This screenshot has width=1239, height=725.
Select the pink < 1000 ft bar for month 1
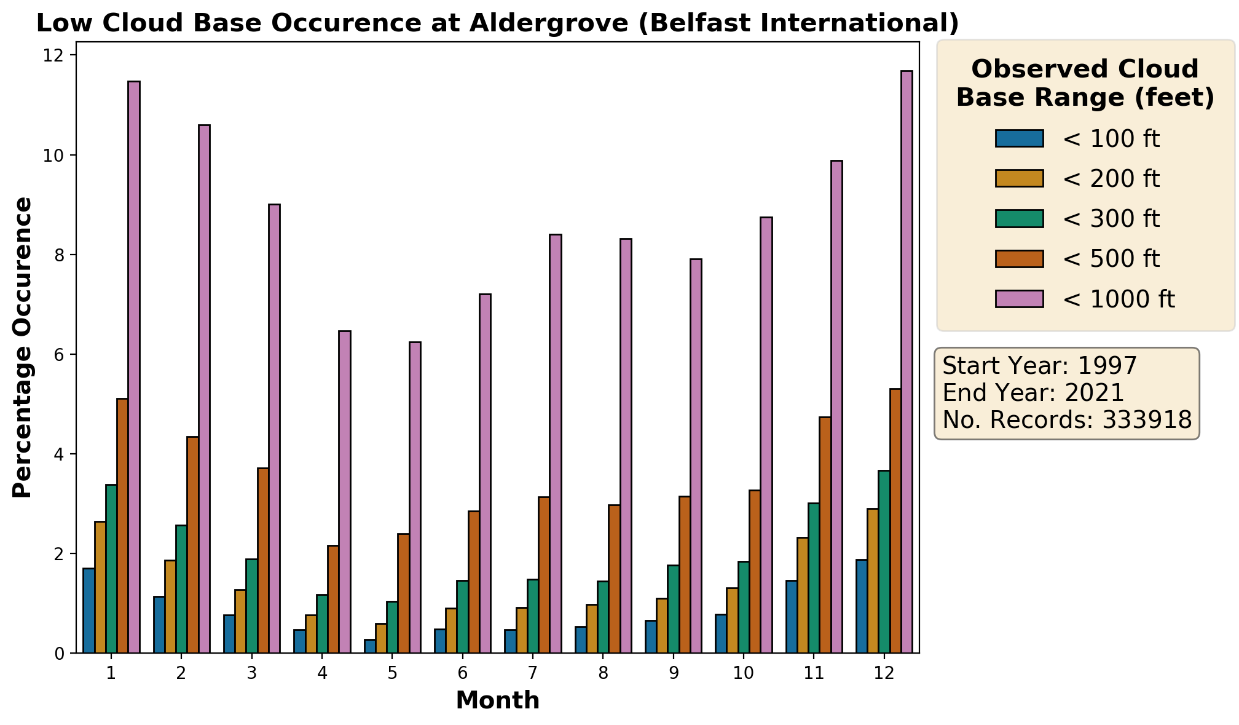pyautogui.click(x=134, y=366)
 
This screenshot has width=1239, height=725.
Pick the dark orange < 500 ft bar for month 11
pyautogui.click(x=825, y=535)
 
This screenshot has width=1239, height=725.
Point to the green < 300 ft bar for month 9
pyautogui.click(x=673, y=609)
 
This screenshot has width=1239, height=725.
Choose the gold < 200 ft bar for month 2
pyautogui.click(x=170, y=606)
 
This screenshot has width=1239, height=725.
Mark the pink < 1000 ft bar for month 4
pyautogui.click(x=345, y=492)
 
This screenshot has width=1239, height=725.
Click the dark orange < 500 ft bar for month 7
pyautogui.click(x=544, y=575)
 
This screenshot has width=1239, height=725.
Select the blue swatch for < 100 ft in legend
pyautogui.click(x=1020, y=138)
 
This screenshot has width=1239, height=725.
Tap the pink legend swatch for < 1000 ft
pyautogui.click(x=1020, y=299)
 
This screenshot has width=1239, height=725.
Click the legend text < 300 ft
pyautogui.click(x=1111, y=219)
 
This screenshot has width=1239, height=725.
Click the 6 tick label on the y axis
pyautogui.click(x=59, y=355)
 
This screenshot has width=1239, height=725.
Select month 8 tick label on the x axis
pyautogui.click(x=604, y=673)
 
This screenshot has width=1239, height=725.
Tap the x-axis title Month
pyautogui.click(x=498, y=700)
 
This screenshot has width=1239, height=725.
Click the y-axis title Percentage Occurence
pyautogui.click(x=23, y=347)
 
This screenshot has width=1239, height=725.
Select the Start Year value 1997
pyautogui.click(x=1107, y=366)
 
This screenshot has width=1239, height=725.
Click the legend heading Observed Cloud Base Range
pyautogui.click(x=1085, y=83)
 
